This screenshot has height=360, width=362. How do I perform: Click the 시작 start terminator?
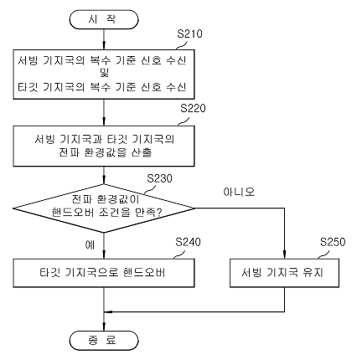(104, 19)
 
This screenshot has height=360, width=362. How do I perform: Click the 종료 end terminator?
(104, 340)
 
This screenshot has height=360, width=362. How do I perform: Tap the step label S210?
(189, 33)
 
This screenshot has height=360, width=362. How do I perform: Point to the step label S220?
(193, 108)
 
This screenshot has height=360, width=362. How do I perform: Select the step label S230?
(159, 178)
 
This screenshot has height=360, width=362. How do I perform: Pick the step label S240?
(188, 242)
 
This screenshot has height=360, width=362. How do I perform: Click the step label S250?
(333, 242)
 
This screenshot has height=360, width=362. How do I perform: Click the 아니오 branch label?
(239, 192)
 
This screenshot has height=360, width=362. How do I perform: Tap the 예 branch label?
(90, 244)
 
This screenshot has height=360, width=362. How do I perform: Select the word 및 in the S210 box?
(104, 74)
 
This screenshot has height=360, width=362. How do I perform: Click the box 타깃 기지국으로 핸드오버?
(104, 273)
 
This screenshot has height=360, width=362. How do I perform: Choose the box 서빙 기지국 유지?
(284, 273)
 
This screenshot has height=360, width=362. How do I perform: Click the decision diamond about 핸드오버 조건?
(104, 208)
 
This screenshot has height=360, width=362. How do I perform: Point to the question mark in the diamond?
(158, 213)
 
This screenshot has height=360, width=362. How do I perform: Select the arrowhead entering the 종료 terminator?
(104, 327)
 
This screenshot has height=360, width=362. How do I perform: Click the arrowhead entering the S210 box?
(104, 46)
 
